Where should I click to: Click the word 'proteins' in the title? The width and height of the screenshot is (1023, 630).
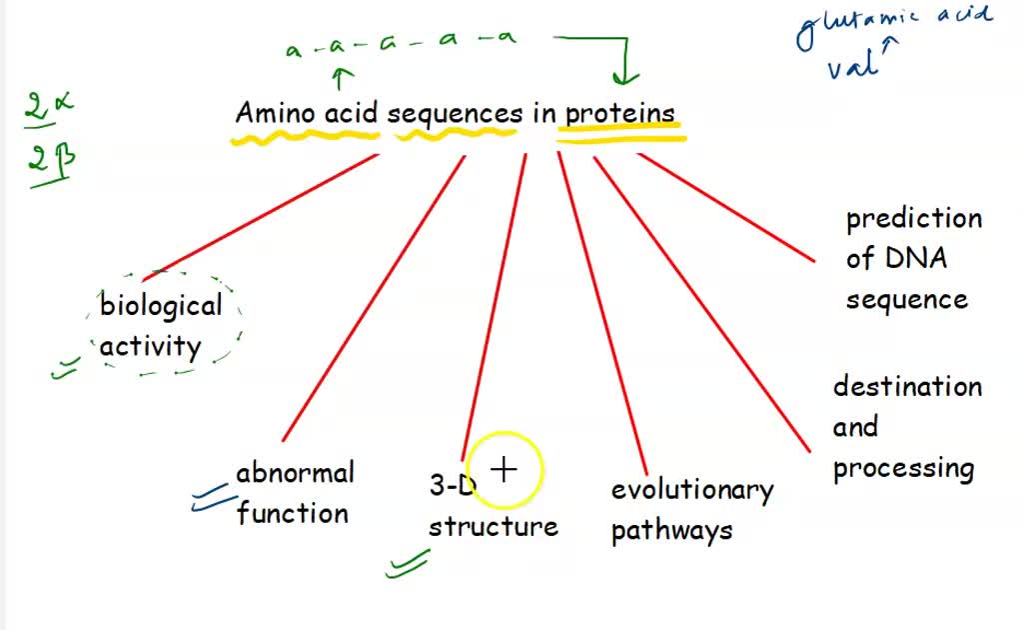620,114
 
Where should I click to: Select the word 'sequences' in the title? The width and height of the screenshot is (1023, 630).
455,114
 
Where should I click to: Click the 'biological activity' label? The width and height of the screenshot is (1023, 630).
161,325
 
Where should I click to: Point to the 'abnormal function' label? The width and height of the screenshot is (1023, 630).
294,493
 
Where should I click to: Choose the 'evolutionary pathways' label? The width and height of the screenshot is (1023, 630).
691,510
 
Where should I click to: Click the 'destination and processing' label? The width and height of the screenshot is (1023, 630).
906,427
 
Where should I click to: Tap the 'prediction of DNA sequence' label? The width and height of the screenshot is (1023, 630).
912,259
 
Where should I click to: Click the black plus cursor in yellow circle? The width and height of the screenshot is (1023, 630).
506,468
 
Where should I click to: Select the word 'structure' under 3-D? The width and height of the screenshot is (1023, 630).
494,527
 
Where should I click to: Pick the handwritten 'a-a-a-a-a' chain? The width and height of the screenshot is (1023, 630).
401,42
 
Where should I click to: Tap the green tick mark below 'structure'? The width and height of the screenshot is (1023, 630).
408,565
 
